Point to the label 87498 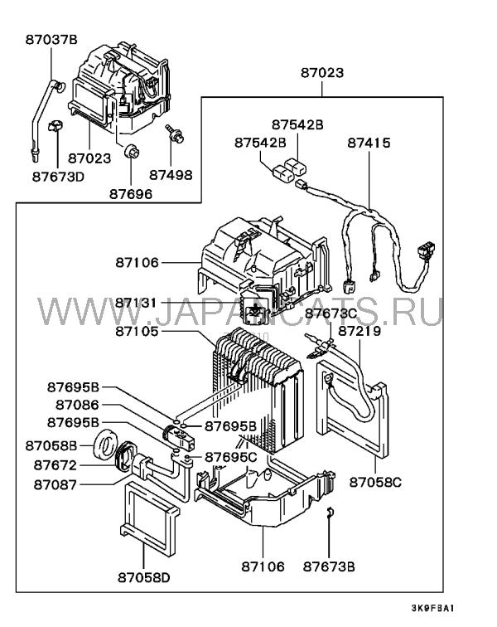click(171, 175)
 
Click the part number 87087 click(56, 484)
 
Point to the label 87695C click(231, 457)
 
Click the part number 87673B click(329, 567)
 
